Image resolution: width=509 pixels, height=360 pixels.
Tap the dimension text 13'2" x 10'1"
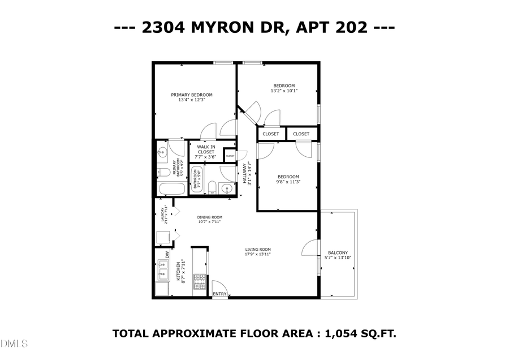pyautogui.click(x=284, y=91)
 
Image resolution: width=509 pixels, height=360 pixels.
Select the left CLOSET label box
pyautogui.click(x=271, y=134)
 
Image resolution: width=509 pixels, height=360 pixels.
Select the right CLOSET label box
pyautogui.click(x=301, y=134)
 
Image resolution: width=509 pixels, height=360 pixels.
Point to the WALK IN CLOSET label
pyautogui.click(x=206, y=149)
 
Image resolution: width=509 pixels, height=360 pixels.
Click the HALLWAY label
pyautogui.click(x=245, y=174)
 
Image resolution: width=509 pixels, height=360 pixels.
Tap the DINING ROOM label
pyautogui.click(x=209, y=217)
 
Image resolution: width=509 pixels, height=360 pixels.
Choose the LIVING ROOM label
pyautogui.click(x=258, y=250)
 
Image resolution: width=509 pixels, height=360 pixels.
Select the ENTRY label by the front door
pyautogui.click(x=219, y=294)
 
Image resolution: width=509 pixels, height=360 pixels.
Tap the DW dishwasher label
pyautogui.click(x=167, y=254)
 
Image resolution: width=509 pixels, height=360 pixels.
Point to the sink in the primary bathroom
pyautogui.click(x=162, y=152)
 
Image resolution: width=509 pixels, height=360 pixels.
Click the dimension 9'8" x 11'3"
pyautogui.click(x=288, y=182)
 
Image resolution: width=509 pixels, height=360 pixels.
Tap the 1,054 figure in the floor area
pyautogui.click(x=342, y=333)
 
